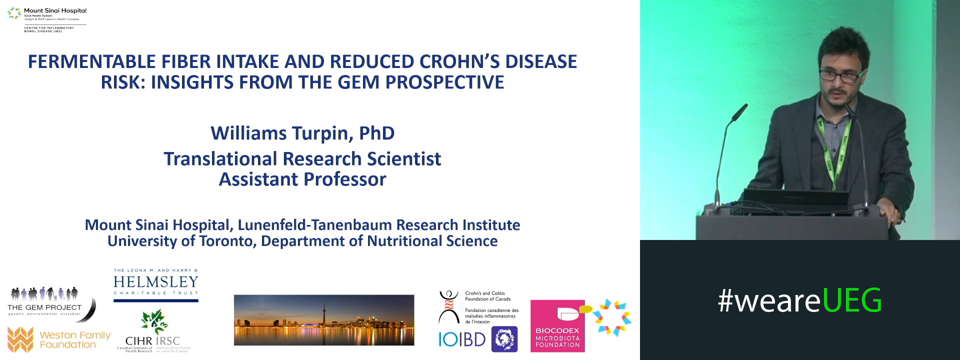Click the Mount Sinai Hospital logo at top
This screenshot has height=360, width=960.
point(47,19)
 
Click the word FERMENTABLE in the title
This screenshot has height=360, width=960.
point(92,61)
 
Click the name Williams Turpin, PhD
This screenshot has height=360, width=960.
point(302,133)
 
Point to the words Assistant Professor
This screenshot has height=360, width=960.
point(302,179)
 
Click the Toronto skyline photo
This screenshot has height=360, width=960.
point(324,320)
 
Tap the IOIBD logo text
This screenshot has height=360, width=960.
point(462,340)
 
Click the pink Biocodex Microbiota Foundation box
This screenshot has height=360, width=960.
point(557,326)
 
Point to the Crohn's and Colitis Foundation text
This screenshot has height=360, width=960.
point(487,296)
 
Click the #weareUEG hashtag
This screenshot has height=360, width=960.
point(799,300)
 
